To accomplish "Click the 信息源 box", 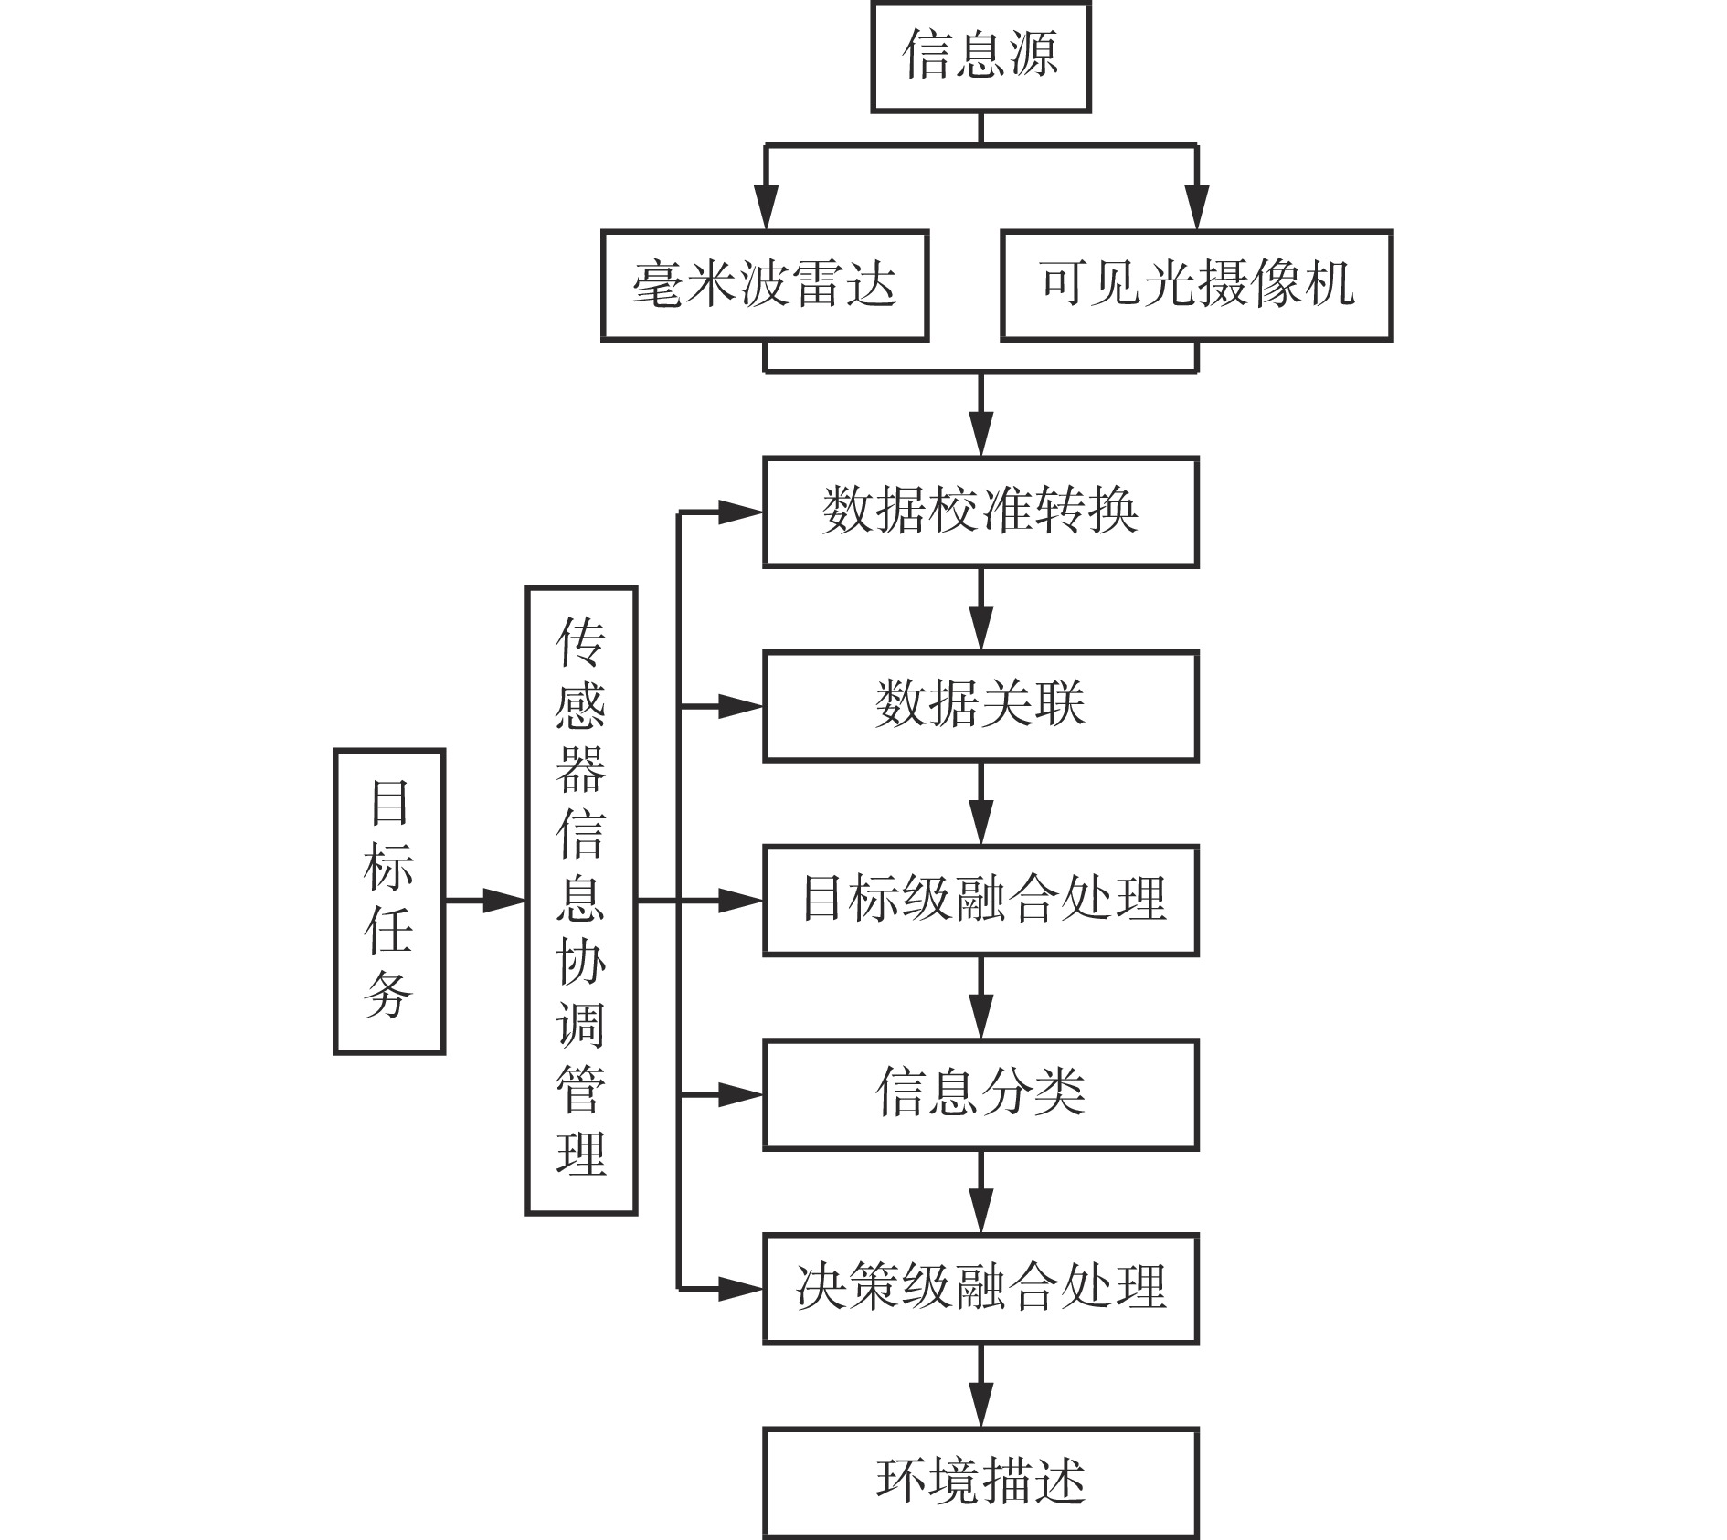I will [980, 57].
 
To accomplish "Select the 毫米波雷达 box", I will [765, 286].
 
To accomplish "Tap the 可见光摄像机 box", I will [1197, 286].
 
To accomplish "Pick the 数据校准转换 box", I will [980, 512].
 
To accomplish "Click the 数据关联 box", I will [980, 706].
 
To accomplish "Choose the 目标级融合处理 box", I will [980, 901].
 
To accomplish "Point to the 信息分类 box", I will [980, 1094].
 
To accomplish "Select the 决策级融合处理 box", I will [980, 1289].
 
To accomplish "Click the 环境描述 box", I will [980, 1482].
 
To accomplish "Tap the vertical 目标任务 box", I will [389, 902].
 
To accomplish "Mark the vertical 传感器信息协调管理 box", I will [581, 901].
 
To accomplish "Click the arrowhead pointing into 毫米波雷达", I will [766, 207].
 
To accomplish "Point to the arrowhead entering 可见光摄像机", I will [1197, 207].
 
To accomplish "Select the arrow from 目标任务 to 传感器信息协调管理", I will [485, 901].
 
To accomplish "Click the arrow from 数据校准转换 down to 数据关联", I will [981, 609].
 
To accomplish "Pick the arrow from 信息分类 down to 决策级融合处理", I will [981, 1192].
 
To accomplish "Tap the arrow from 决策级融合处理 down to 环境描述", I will [981, 1386].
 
